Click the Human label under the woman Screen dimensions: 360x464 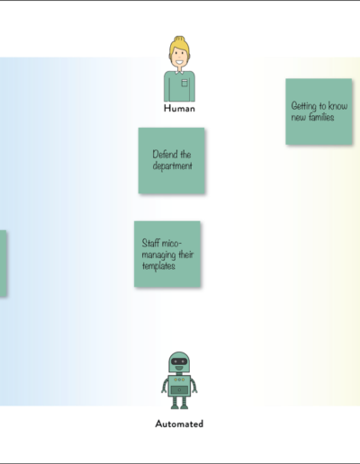click(x=179, y=108)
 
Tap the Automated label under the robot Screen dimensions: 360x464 click(x=179, y=424)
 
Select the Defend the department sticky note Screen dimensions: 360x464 click(x=172, y=161)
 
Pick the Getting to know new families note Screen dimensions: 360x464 click(x=319, y=112)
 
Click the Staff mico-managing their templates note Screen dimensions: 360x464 click(x=167, y=254)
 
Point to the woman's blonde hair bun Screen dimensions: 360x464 click(x=180, y=40)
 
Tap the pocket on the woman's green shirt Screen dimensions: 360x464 click(x=184, y=83)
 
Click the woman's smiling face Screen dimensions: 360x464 click(x=179, y=57)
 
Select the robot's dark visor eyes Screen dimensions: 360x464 click(x=179, y=361)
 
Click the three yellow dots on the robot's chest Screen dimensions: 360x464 click(x=179, y=379)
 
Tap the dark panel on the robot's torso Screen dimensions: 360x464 click(x=179, y=390)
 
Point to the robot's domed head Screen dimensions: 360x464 click(x=179, y=362)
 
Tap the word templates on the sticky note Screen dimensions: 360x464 click(x=158, y=266)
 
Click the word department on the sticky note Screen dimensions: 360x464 click(x=173, y=165)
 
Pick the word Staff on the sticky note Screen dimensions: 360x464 click(x=150, y=243)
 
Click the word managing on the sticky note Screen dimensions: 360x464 click(x=159, y=254)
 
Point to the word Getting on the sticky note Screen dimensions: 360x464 click(x=304, y=106)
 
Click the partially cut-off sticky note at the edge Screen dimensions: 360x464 click(x=3, y=263)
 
